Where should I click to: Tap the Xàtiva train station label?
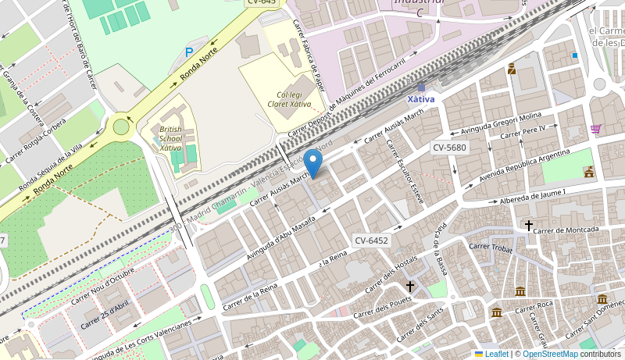pyautogui.click(x=421, y=99)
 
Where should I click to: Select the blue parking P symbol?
pyautogui.click(x=188, y=52)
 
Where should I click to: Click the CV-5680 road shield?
pyautogui.click(x=449, y=148)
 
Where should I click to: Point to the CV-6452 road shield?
pyautogui.click(x=370, y=241)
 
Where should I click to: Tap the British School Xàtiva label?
pyautogui.click(x=170, y=138)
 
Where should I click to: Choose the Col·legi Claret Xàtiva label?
pyautogui.click(x=288, y=98)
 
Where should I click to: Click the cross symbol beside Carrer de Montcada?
pyautogui.click(x=529, y=226)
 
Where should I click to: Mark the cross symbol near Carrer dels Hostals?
pyautogui.click(x=410, y=286)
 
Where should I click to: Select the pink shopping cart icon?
pyautogui.click(x=596, y=129)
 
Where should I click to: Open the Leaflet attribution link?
pyautogui.click(x=491, y=354)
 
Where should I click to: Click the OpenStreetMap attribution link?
pyautogui.click(x=550, y=354)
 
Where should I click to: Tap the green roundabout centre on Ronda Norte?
pyautogui.click(x=121, y=127)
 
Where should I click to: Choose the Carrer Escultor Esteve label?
pyautogui.click(x=405, y=172)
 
